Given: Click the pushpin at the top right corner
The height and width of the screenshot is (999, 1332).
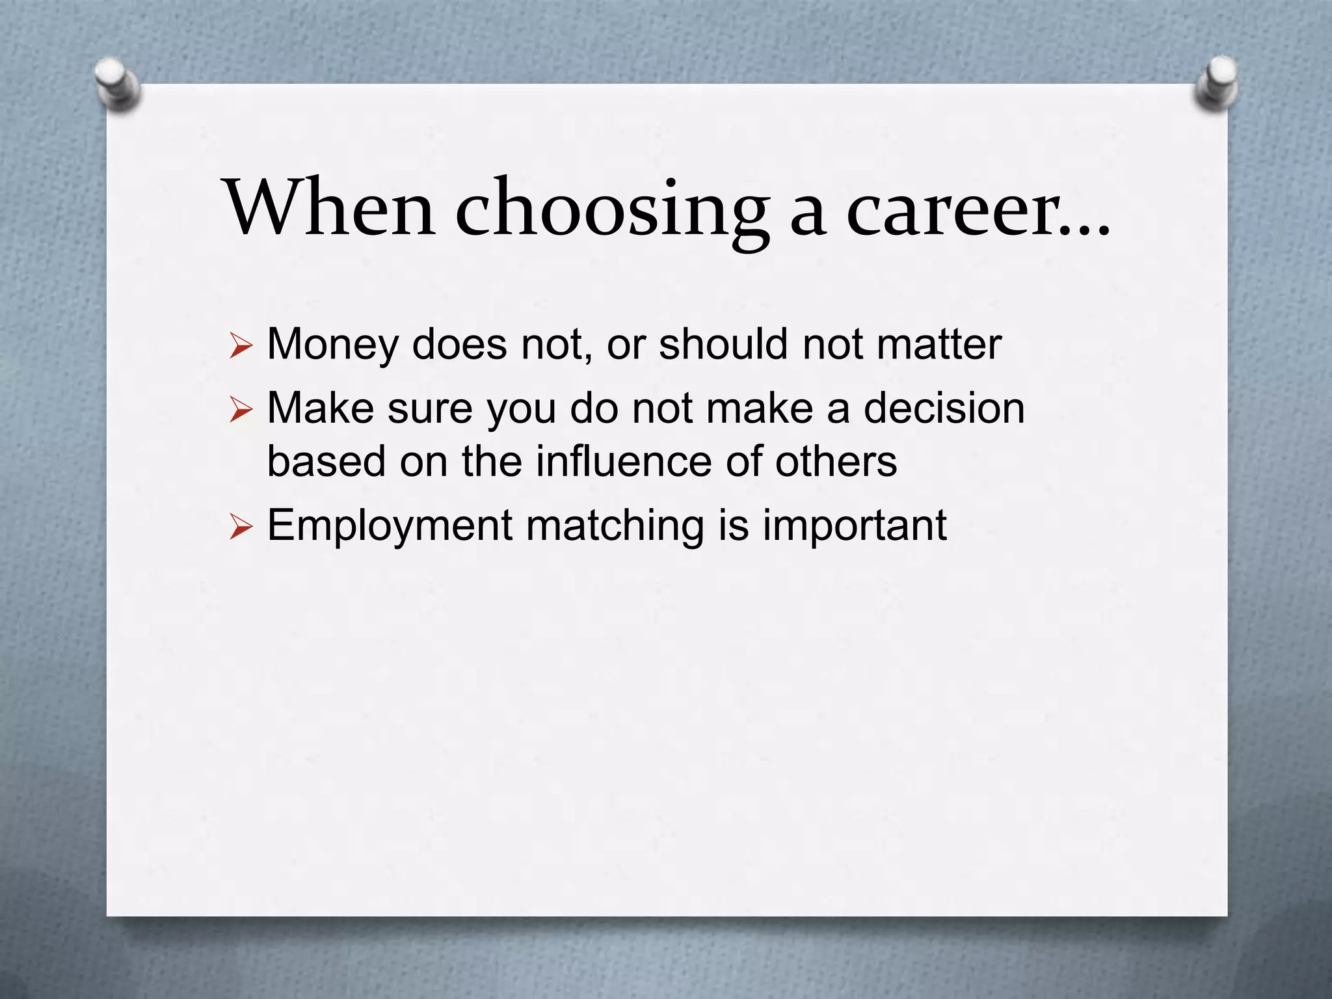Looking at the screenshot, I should [1216, 85].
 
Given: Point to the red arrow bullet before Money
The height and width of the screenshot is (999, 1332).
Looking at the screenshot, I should [240, 346].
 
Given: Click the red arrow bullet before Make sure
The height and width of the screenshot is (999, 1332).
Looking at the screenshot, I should [240, 410].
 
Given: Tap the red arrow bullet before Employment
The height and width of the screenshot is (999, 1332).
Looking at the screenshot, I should [240, 527].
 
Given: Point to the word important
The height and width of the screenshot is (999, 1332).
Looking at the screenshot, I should [854, 526].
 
